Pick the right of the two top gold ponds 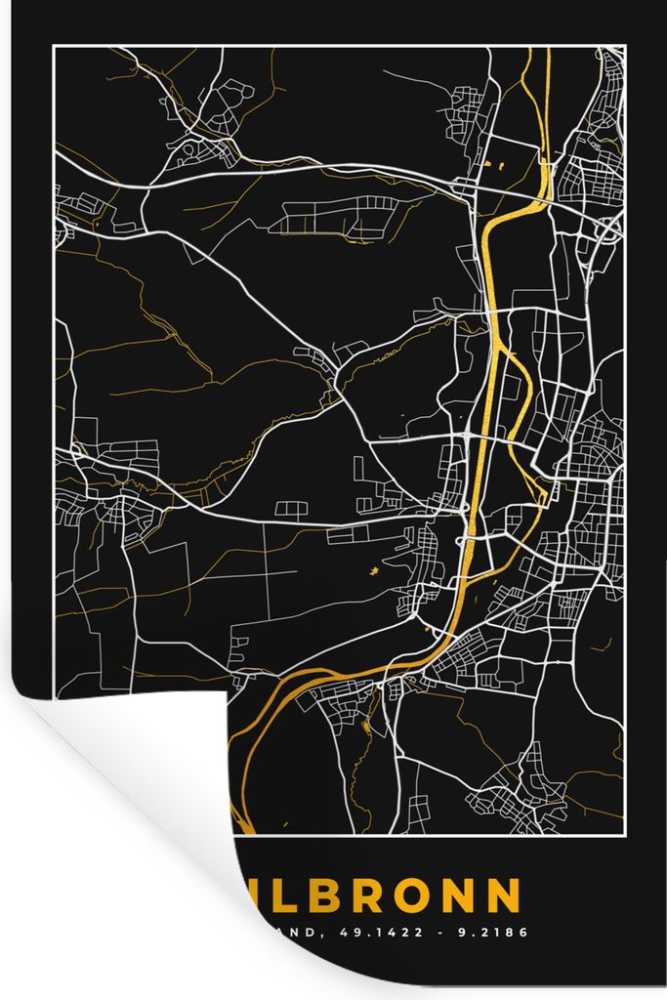499,167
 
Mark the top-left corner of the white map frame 55,47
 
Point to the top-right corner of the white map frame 624,47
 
